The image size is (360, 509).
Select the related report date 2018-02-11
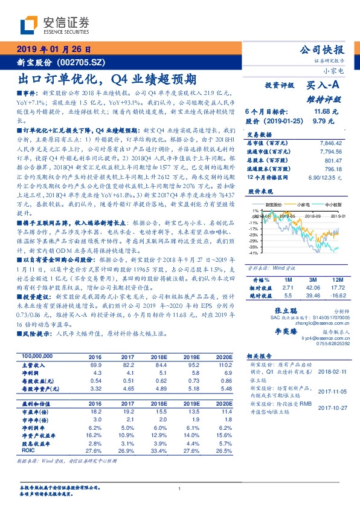tap(332, 372)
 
